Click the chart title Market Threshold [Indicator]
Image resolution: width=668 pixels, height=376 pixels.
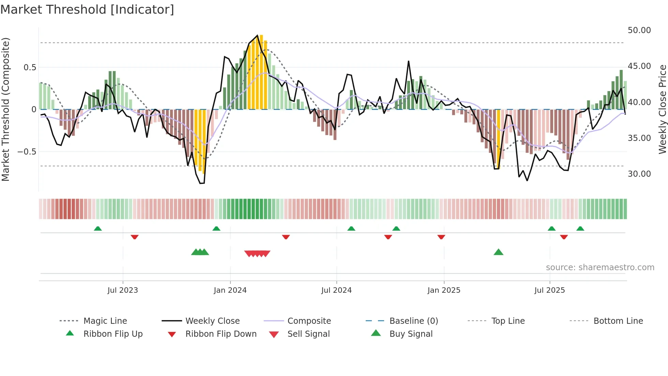click(87, 10)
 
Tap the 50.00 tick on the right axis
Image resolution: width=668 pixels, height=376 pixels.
click(639, 30)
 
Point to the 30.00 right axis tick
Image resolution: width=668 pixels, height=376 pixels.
click(639, 174)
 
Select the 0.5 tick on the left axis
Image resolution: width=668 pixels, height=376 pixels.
click(30, 68)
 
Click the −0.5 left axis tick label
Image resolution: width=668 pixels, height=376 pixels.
click(27, 152)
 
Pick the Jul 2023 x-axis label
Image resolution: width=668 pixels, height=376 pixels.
click(123, 290)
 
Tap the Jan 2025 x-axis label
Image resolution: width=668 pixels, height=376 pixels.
click(444, 290)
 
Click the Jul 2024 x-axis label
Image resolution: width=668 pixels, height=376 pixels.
click(336, 290)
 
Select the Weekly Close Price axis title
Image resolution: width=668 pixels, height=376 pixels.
click(662, 109)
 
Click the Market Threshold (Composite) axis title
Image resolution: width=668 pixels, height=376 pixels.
click(5, 109)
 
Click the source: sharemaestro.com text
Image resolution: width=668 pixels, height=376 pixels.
click(600, 267)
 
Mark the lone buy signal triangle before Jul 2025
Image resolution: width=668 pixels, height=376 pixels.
click(498, 252)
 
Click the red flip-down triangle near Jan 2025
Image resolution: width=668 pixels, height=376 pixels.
click(441, 237)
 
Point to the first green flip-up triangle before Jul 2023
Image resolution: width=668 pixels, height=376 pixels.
click(98, 229)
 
